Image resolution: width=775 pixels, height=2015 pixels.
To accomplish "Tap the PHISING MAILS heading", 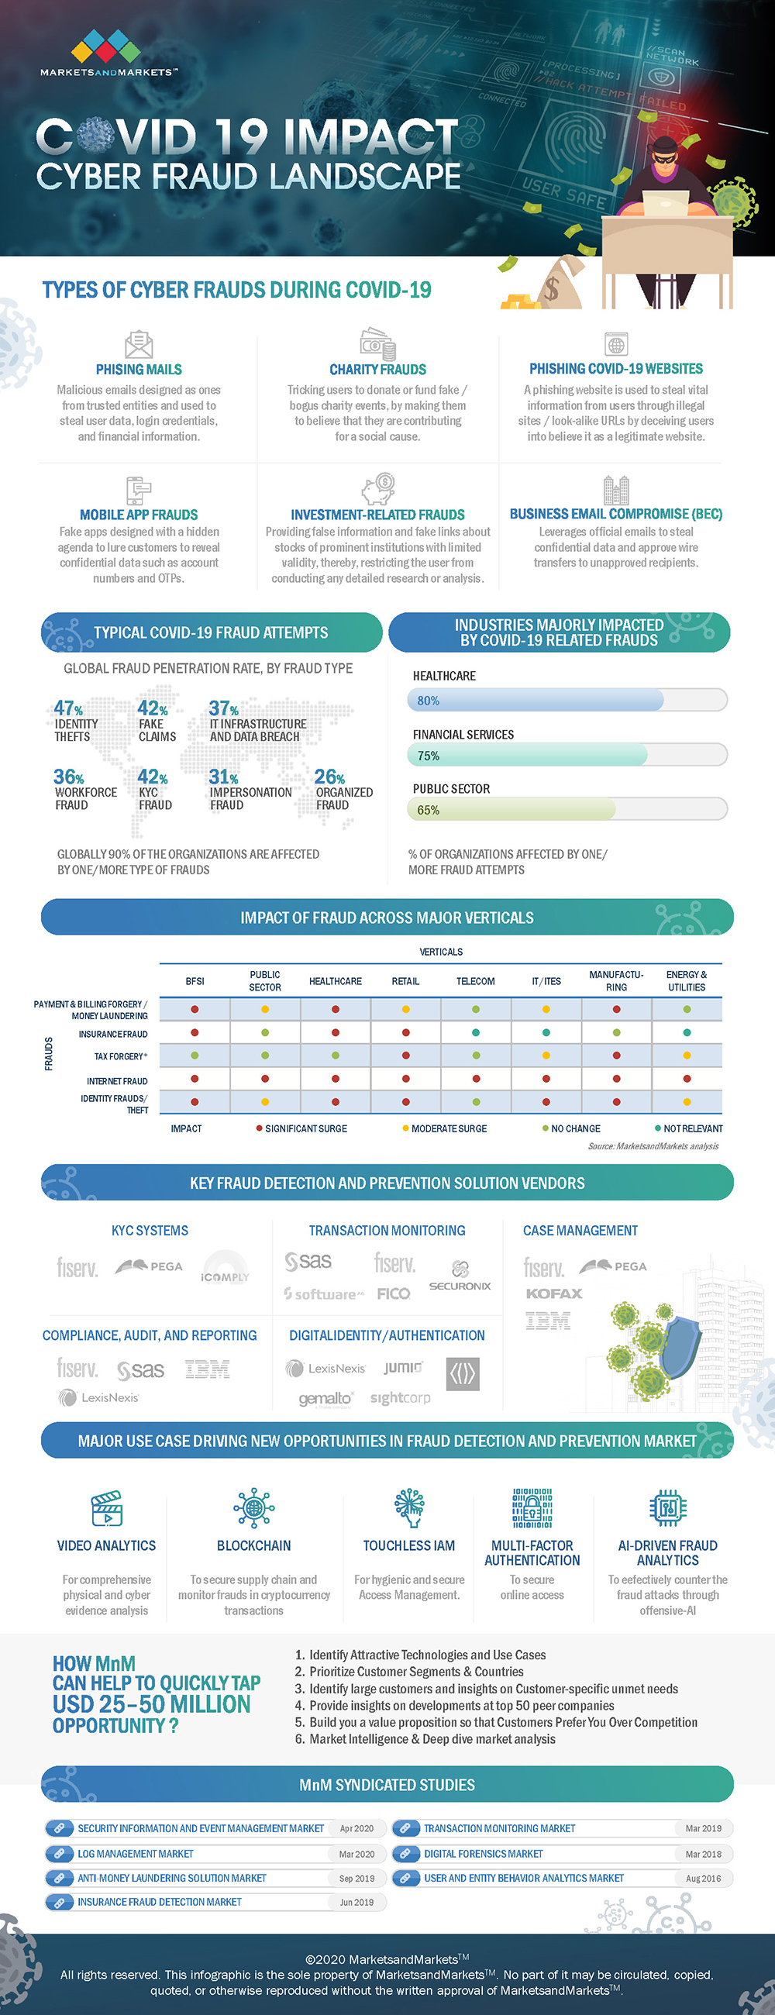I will click(x=139, y=369).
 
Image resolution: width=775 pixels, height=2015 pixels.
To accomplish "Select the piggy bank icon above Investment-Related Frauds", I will click(x=377, y=490).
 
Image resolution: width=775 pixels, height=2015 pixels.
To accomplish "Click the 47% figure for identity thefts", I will click(x=68, y=708).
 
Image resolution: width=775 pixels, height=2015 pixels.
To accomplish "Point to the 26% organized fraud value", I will click(x=329, y=777).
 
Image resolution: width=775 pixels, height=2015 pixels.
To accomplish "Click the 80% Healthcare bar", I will click(x=535, y=700).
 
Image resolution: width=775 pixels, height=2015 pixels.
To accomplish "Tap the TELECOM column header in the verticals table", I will click(x=476, y=981).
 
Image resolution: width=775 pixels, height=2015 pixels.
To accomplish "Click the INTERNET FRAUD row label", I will click(x=116, y=1081).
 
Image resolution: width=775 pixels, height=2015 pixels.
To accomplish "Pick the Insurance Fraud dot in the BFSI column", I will click(x=195, y=1033).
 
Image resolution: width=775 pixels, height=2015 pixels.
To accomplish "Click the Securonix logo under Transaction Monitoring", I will click(x=460, y=1276).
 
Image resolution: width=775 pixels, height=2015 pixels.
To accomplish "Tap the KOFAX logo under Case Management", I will click(x=553, y=1293).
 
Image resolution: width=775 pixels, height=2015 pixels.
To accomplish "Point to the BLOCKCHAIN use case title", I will click(x=253, y=1545).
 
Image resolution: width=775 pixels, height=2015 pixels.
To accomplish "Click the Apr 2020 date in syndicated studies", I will click(x=356, y=1828).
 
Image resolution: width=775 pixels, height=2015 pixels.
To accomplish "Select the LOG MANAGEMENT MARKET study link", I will click(x=136, y=1853).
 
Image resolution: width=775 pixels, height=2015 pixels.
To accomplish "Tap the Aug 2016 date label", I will click(x=703, y=1878).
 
